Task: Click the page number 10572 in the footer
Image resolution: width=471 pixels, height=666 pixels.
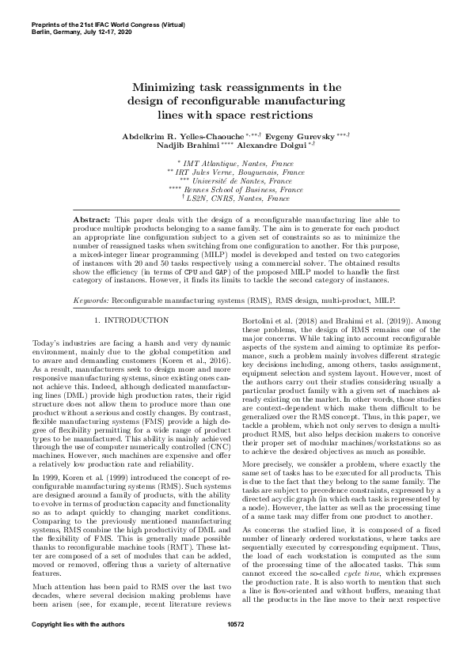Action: [x=236, y=647]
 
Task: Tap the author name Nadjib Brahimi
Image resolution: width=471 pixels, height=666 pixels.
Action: [x=180, y=147]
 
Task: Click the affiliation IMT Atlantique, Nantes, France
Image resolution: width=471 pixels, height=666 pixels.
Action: [x=240, y=161]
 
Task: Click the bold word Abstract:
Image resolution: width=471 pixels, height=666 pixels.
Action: [x=91, y=217]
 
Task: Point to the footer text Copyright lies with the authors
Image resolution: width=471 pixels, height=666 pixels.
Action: [x=67, y=647]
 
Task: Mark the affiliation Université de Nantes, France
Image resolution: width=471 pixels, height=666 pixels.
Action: [x=242, y=180]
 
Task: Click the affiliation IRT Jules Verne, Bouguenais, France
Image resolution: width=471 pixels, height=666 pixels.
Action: [x=241, y=171]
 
